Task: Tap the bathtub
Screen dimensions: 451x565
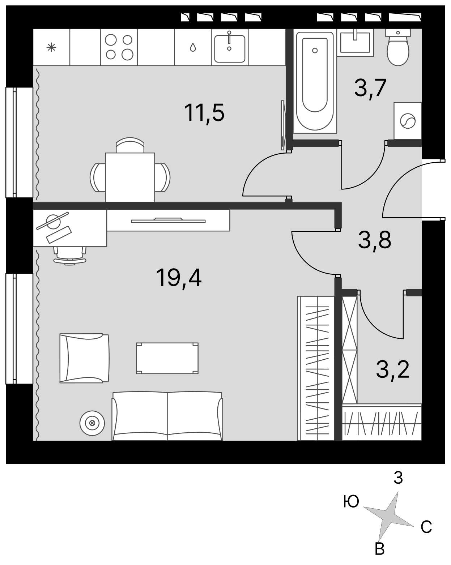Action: (315, 81)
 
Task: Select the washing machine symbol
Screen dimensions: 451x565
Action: (408, 121)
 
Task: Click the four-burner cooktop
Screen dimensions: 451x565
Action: (119, 47)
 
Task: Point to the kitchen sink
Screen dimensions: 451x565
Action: (230, 47)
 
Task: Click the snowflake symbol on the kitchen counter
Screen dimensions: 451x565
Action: (51, 47)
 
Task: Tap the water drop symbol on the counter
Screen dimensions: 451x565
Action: (193, 47)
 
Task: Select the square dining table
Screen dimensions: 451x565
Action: (130, 177)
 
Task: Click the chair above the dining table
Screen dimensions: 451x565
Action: (130, 145)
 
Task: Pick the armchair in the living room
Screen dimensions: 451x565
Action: (84, 358)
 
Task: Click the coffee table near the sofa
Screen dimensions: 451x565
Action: (167, 358)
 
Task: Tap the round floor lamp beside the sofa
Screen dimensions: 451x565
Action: (92, 423)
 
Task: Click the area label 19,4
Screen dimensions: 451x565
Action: (179, 278)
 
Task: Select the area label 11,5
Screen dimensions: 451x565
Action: (204, 113)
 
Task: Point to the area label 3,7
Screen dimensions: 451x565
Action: (370, 88)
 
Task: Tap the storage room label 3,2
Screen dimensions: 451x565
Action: (393, 369)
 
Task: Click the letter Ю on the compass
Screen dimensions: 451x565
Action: (351, 502)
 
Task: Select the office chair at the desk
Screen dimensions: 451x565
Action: (70, 256)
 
